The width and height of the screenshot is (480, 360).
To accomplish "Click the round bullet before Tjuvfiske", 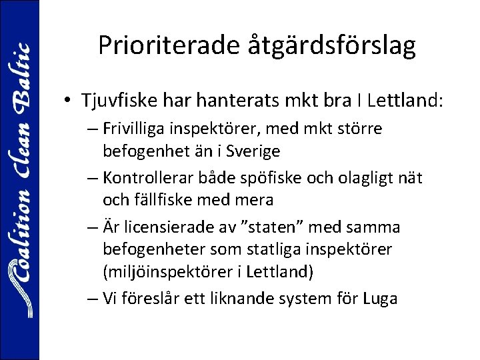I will [69, 102].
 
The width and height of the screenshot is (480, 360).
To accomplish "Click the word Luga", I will [381, 299].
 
